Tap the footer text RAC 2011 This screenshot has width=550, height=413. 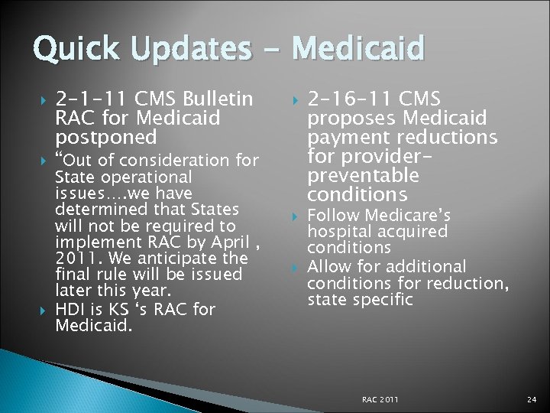(x=380, y=399)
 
